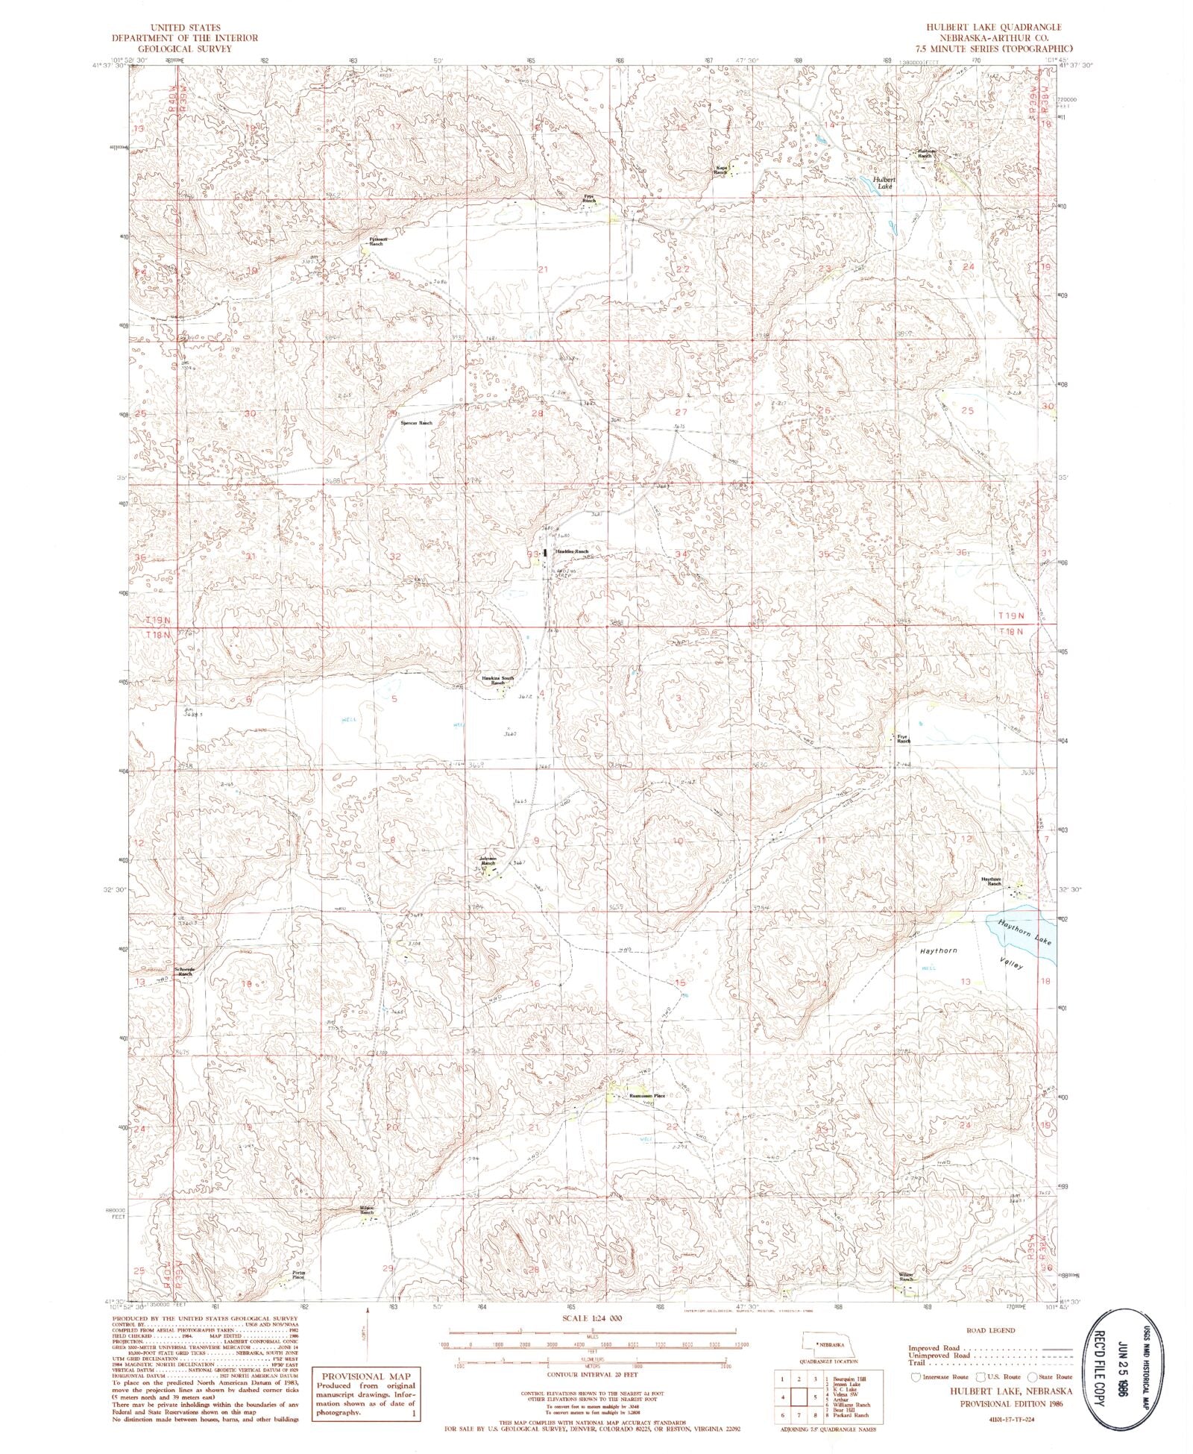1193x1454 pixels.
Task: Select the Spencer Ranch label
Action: (416, 423)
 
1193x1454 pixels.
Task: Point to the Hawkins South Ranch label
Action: (498, 680)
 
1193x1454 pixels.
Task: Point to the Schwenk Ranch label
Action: (184, 972)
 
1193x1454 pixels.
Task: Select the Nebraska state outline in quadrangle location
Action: (824, 1343)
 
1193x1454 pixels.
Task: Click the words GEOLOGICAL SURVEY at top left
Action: (184, 48)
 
